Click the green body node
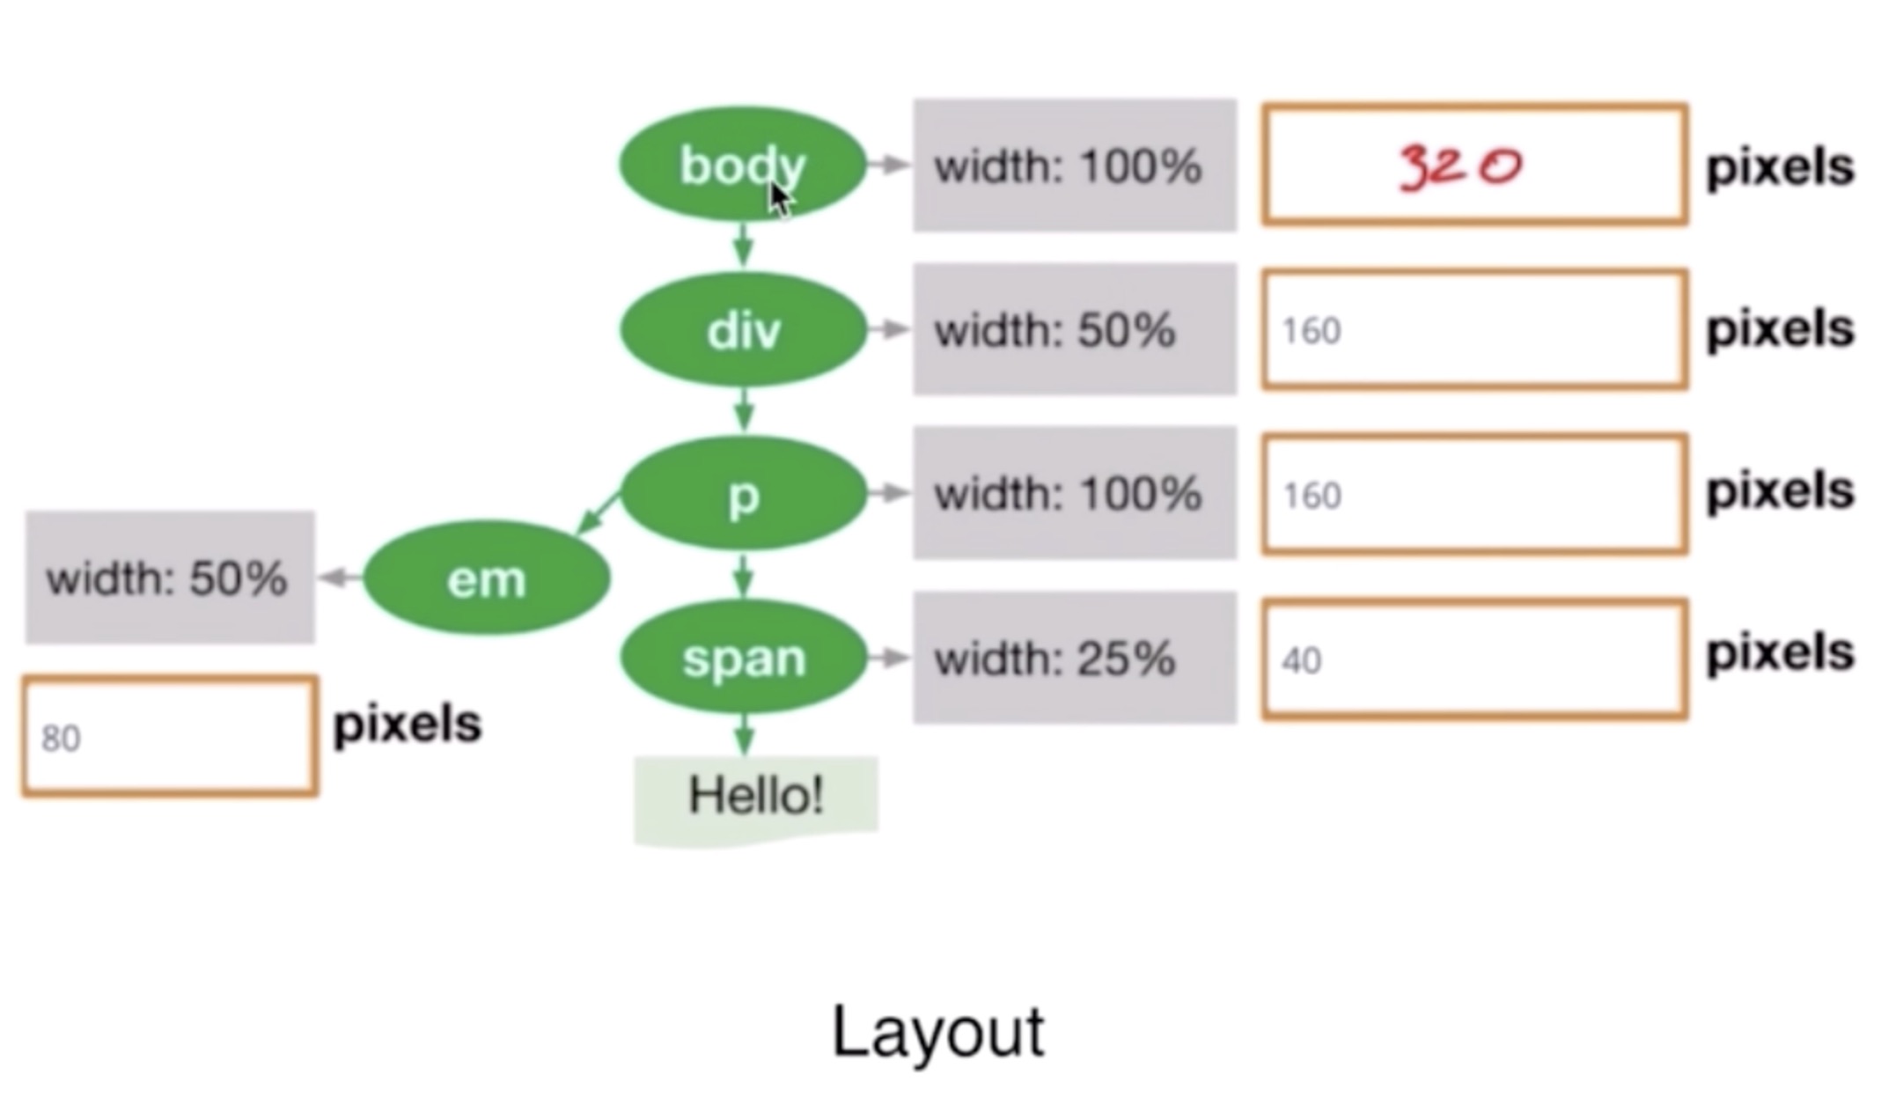coord(742,164)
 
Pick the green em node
coord(486,578)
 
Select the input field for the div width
coord(1474,330)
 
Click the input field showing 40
coord(1474,659)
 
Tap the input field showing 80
coord(170,737)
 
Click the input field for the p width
coord(1474,495)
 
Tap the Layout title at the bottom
coord(937,1031)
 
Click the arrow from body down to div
coord(744,245)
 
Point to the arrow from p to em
coord(599,515)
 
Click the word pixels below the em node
coord(407,725)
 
